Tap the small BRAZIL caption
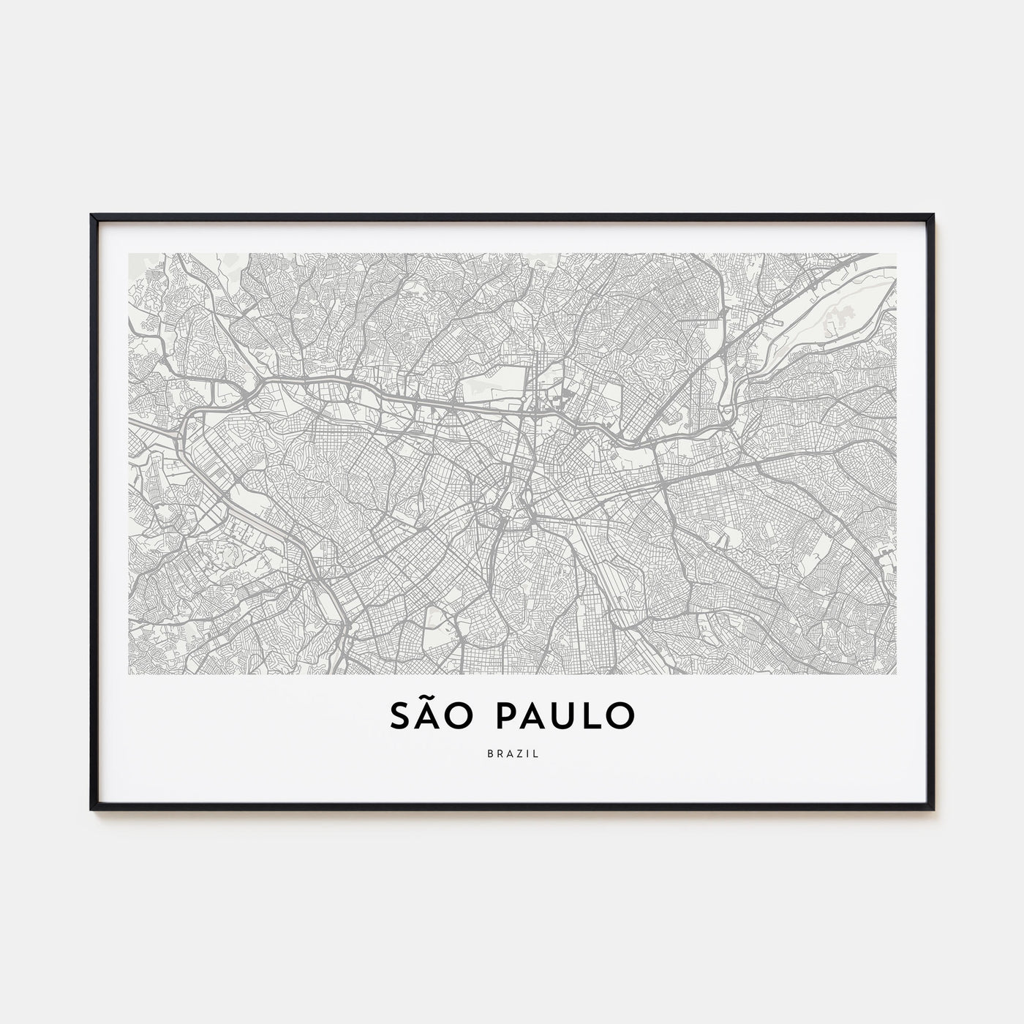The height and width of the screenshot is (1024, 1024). (x=512, y=754)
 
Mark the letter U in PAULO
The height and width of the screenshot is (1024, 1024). (x=564, y=717)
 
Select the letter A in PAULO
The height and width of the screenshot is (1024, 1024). (x=534, y=717)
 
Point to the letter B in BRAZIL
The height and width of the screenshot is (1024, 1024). (x=489, y=754)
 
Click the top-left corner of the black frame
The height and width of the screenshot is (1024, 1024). (x=92, y=216)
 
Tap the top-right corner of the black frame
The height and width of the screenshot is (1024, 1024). (x=933, y=216)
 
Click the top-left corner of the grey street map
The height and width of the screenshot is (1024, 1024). (x=129, y=254)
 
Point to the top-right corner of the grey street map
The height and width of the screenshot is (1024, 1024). (x=896, y=254)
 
